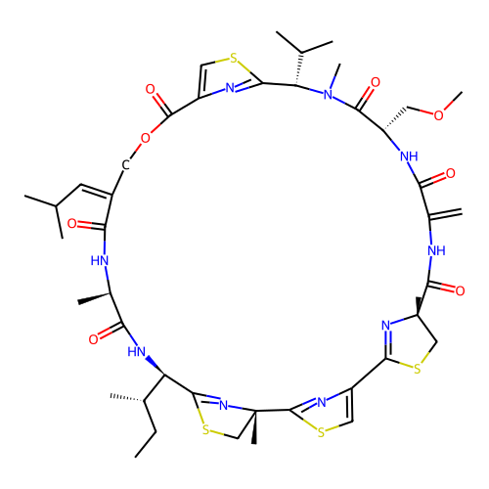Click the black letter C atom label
(126, 165)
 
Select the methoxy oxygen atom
(438, 115)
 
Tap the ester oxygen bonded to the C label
(146, 138)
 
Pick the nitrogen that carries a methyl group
(328, 95)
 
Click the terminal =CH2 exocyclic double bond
(446, 213)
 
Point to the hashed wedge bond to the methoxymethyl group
(395, 118)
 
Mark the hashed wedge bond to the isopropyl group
(299, 68)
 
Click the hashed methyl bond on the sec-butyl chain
(127, 398)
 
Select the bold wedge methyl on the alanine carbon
(94, 298)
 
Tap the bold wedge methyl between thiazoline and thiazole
(254, 427)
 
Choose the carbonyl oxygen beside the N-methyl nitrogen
(376, 82)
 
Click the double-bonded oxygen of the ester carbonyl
(150, 89)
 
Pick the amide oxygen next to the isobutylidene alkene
(71, 224)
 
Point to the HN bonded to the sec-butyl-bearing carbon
(136, 352)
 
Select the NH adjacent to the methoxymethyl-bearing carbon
(409, 156)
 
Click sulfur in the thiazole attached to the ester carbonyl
(234, 59)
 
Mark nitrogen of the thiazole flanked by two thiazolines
(322, 402)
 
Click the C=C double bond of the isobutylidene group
(97, 191)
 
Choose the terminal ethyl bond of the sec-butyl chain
(146, 444)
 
